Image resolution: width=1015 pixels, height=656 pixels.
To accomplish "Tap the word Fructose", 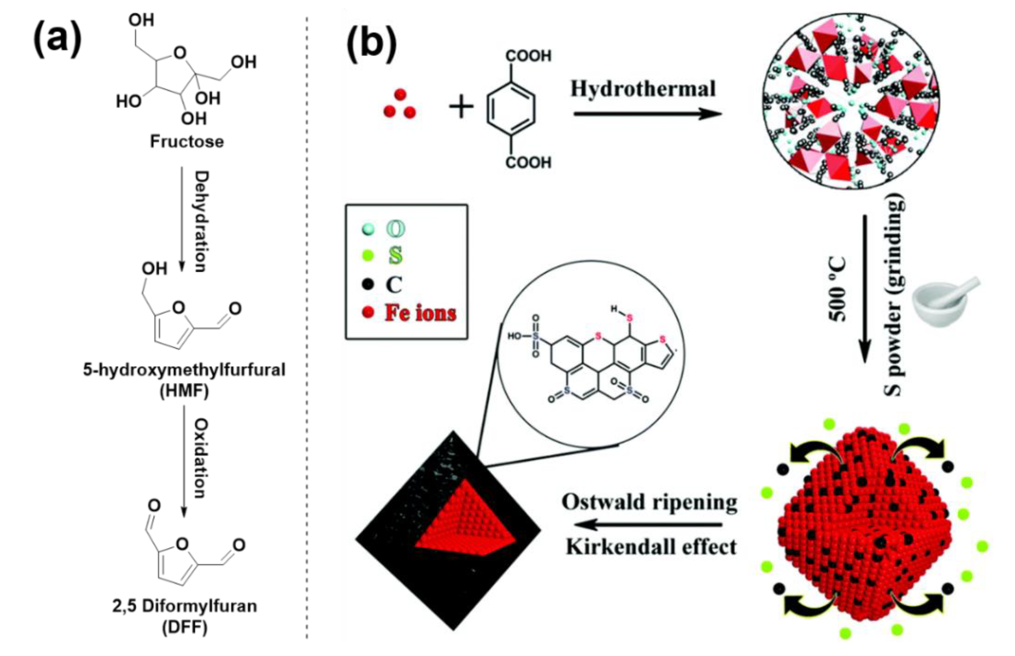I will click(x=187, y=142).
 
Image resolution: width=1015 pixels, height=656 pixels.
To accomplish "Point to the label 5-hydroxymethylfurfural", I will click(x=184, y=370).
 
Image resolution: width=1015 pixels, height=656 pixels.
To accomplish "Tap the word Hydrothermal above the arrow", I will click(x=643, y=89).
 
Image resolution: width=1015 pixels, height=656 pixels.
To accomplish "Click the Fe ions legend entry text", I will click(x=420, y=313).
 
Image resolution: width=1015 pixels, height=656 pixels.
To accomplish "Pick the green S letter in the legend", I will click(x=395, y=256).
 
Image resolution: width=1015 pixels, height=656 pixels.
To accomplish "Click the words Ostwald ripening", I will click(x=649, y=503).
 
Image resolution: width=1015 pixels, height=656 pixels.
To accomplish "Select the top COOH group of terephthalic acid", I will click(x=528, y=56).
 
